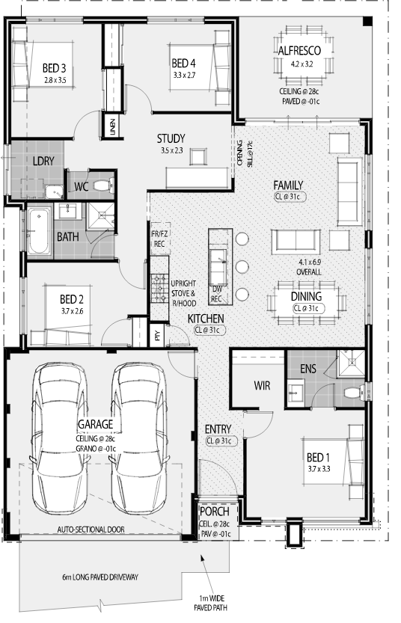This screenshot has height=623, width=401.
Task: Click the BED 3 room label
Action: click(54, 68)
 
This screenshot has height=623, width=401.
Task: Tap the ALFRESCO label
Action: click(299, 51)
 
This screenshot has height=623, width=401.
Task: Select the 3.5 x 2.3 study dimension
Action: click(171, 150)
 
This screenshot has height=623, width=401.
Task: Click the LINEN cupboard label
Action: click(112, 126)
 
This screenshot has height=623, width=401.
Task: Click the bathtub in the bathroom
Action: click(39, 231)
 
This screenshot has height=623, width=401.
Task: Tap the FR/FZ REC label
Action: click(159, 239)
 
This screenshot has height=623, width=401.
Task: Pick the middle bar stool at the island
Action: click(242, 266)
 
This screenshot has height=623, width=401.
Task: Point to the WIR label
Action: click(262, 385)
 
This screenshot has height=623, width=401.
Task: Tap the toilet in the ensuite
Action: click(354, 393)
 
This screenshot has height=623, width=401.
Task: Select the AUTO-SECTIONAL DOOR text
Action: click(91, 530)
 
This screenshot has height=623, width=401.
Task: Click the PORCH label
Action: click(215, 512)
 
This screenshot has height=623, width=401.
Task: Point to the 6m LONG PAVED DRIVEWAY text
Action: click(100, 577)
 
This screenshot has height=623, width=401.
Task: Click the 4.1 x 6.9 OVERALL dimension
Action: click(309, 267)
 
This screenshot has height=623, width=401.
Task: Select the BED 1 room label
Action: click(319, 457)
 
